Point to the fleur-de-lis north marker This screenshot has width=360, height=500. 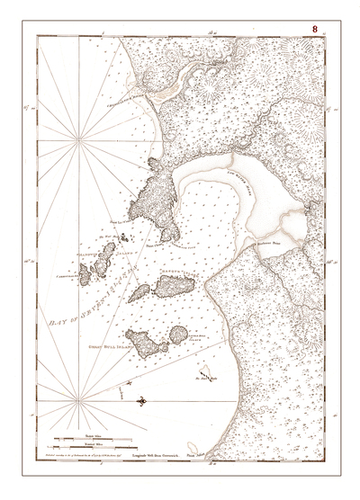pyautogui.click(x=139, y=398)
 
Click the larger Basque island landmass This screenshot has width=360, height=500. pyautogui.click(x=170, y=286)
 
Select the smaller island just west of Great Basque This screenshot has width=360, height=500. pyautogui.click(x=139, y=293)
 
